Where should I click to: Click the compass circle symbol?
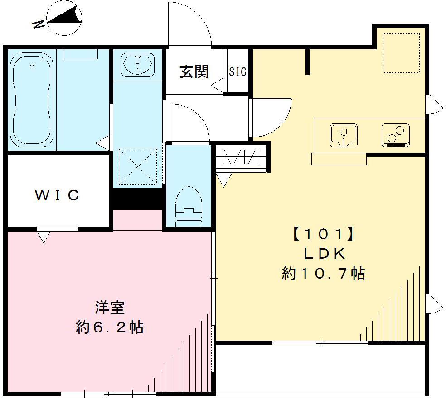coord(65,18)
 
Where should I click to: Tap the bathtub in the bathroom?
coord(31,100)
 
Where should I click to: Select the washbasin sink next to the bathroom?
coord(138,64)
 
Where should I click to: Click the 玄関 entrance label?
coord(194,71)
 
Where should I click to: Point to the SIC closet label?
coord(238,71)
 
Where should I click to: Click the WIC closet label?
coord(58,195)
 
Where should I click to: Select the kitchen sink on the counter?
coord(343,135)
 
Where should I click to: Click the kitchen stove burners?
coord(395,135)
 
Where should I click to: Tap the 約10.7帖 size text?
coord(323,274)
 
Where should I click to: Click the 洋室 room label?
coord(110,307)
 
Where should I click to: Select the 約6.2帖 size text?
coord(109,327)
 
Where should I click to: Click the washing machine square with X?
coord(138,166)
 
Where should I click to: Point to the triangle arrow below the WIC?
coord(44,236)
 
